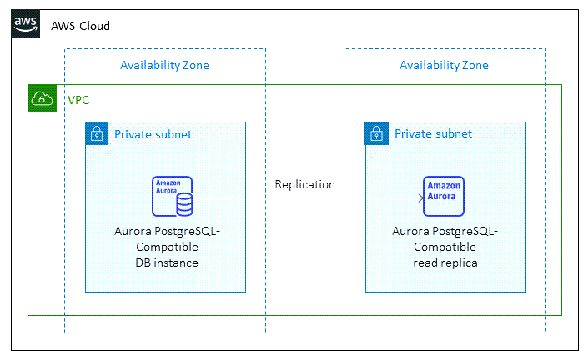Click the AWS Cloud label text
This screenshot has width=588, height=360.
(80, 26)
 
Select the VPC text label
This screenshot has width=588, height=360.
(78, 100)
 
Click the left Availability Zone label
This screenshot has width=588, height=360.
(164, 65)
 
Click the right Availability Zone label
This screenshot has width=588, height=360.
(444, 65)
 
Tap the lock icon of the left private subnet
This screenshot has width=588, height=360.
(97, 133)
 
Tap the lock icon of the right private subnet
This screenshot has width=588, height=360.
(377, 133)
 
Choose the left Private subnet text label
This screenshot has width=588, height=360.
(153, 133)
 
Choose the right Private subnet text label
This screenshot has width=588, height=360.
(433, 133)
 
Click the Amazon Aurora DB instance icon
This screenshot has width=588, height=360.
(172, 197)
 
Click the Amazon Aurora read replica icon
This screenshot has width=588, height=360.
(444, 197)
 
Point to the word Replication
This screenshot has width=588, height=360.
(305, 184)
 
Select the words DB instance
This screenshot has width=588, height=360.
(165, 262)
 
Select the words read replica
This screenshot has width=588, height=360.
(445, 262)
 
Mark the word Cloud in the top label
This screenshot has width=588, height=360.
(94, 26)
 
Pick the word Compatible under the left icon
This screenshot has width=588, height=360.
(165, 247)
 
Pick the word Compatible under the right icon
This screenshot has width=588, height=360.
(445, 247)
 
